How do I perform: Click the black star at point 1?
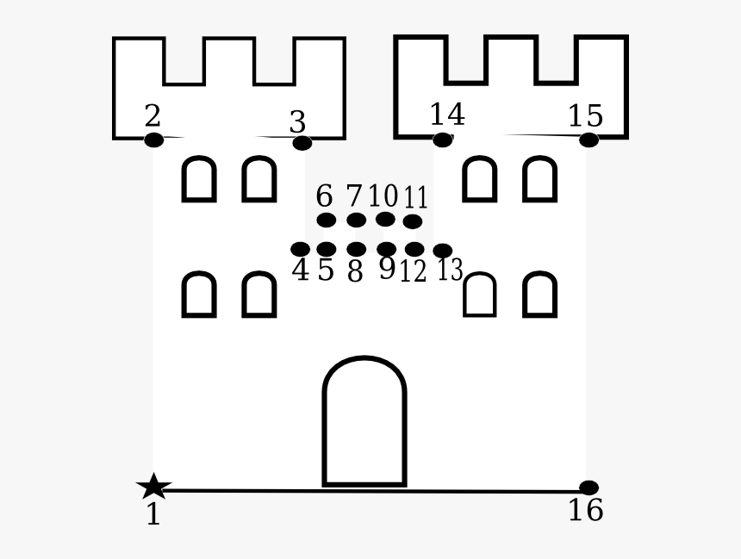coord(153,487)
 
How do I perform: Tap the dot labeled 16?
coord(588,488)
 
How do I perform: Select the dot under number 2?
coord(153,140)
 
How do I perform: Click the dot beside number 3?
coord(302,143)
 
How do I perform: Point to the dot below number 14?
coord(442,140)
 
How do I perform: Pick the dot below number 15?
coord(588,140)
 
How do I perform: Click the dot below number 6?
coord(326,220)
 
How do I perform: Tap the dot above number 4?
coord(300,249)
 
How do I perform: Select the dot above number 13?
coord(443,250)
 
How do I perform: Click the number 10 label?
coord(383,196)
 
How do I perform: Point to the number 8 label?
coord(355,271)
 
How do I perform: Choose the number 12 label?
coord(413,271)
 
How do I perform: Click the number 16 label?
coord(585,511)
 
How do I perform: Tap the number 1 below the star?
coord(153,515)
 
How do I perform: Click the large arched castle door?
coord(364,422)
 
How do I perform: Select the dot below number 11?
coord(413,221)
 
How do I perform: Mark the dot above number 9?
coord(387,249)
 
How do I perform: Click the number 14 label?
coord(447,115)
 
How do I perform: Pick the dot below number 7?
coord(356,220)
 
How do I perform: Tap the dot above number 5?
coord(326,249)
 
